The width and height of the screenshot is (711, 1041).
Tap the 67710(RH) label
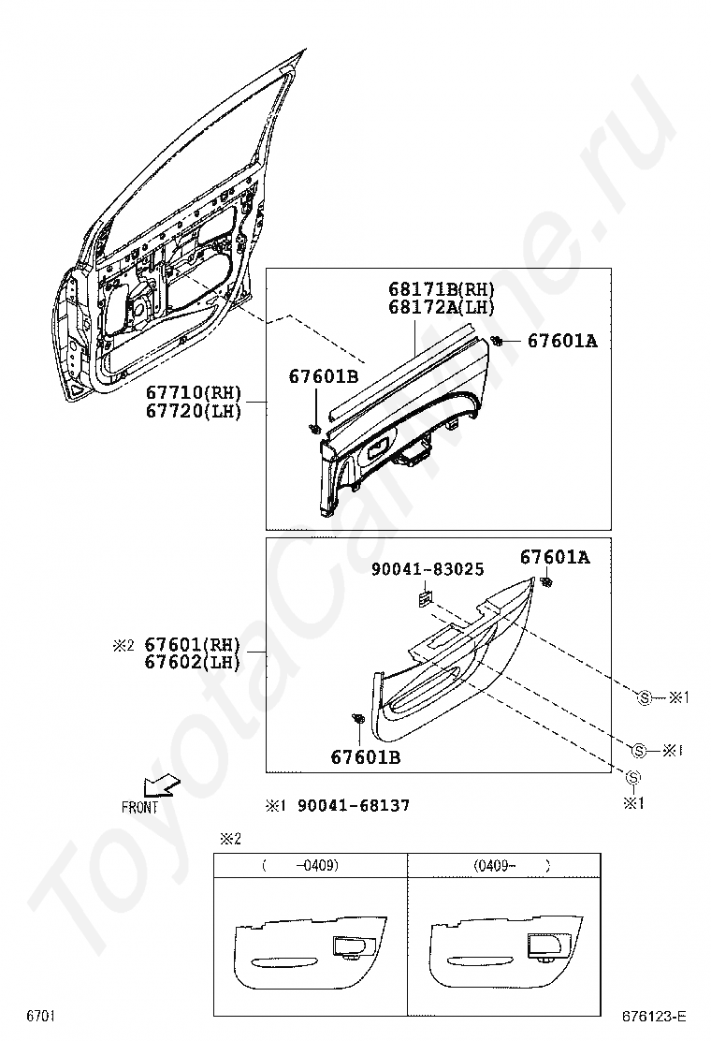click(x=194, y=394)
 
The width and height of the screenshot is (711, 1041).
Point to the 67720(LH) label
click(x=194, y=411)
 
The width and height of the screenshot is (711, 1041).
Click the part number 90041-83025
click(x=428, y=568)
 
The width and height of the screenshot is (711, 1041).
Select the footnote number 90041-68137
click(x=353, y=805)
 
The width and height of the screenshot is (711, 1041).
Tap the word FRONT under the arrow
click(x=140, y=808)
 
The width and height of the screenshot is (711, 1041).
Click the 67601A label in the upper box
click(x=561, y=342)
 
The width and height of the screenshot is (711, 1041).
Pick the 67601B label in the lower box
click(x=365, y=756)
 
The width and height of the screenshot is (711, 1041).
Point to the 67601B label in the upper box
click(x=323, y=376)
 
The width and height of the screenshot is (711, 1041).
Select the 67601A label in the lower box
click(x=555, y=558)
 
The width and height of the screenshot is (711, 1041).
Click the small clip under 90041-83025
click(x=425, y=595)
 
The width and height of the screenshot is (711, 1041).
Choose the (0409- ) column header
click(x=505, y=866)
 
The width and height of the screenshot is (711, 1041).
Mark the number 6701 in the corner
click(x=40, y=1016)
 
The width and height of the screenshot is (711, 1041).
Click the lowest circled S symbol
click(x=633, y=777)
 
